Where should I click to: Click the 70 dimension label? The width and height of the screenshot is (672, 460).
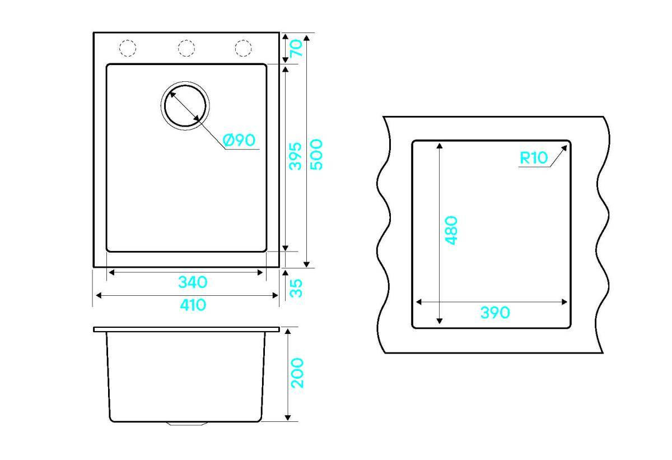296,48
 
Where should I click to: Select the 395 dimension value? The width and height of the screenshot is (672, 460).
295,156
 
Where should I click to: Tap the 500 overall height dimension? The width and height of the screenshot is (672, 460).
316,155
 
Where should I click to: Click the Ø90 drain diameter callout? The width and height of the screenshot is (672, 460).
239,140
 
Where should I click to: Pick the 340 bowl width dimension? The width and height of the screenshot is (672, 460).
193,282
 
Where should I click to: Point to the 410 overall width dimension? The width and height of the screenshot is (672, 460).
193,305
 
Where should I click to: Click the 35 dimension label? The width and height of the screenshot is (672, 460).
296,289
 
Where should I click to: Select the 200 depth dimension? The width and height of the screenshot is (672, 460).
297,373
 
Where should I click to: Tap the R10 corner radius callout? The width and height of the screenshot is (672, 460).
534,158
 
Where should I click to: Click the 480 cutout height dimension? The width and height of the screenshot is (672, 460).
451,230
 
